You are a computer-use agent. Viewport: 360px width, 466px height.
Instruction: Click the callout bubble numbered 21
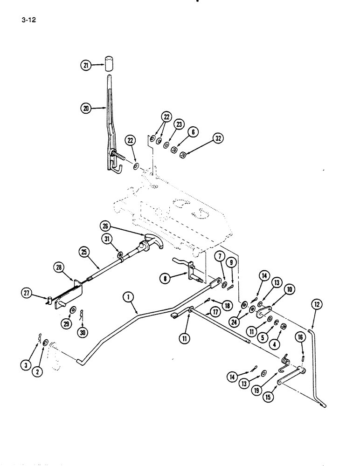(x=84, y=66)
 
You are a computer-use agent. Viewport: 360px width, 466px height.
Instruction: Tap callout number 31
(x=108, y=240)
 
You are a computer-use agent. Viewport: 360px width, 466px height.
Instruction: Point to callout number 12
(x=317, y=305)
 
